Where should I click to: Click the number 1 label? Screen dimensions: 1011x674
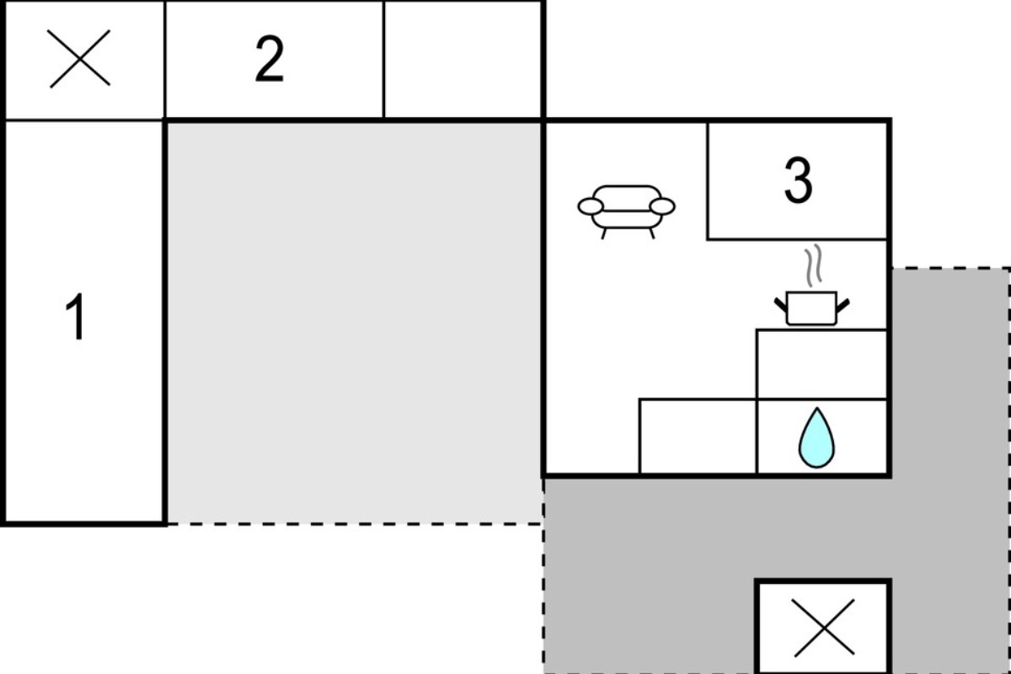point(76,317)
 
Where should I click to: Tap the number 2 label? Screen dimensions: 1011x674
point(270,59)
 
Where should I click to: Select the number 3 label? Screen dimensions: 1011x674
point(799,180)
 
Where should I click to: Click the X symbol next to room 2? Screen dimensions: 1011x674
point(79,59)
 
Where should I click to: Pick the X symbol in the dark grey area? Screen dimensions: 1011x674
point(824,628)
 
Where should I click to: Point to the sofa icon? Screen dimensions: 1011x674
point(627,211)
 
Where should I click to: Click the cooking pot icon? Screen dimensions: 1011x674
point(811,308)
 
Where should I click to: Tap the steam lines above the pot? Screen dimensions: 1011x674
point(813,265)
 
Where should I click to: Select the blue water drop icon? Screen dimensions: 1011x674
point(816,437)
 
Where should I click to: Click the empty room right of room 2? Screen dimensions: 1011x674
point(463,59)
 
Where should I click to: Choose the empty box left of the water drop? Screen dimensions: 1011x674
point(698,436)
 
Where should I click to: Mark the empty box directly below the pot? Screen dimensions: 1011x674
point(821,364)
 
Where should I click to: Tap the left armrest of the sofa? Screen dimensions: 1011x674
point(591,206)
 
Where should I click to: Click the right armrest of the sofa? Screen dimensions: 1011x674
point(662,206)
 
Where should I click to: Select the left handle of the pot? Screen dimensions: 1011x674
point(781,305)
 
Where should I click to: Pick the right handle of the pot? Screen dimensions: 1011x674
point(843,305)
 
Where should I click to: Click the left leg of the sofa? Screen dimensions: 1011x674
point(604,234)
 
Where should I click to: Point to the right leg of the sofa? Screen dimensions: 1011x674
point(652,234)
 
